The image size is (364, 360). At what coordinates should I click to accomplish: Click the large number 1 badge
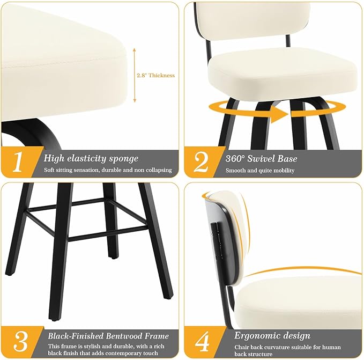[x=18, y=161]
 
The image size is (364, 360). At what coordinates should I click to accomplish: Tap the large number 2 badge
[x=201, y=162]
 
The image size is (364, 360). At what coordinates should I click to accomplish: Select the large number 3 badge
[x=20, y=341]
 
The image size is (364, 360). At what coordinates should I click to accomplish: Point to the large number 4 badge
[x=203, y=341]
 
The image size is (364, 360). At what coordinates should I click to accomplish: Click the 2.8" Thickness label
[x=155, y=76]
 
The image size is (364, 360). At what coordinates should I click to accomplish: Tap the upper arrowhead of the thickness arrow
[x=135, y=50]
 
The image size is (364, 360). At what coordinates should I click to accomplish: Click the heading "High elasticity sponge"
[x=91, y=158]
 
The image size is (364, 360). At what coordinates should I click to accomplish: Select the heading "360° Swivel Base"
[x=261, y=159]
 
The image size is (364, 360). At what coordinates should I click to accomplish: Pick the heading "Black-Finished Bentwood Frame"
[x=108, y=336]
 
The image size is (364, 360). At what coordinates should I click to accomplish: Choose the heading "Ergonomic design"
[x=272, y=336]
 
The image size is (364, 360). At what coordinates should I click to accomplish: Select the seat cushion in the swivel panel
[x=283, y=72]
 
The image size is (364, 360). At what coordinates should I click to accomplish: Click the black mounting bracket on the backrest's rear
[x=216, y=240]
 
